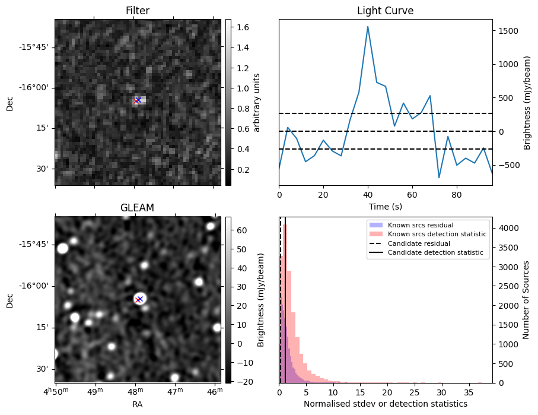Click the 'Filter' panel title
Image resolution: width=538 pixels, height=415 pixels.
point(138,11)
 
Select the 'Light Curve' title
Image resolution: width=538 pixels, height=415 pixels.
point(385,11)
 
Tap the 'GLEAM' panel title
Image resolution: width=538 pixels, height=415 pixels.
point(138,208)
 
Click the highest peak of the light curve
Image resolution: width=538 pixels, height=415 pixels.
point(368,26)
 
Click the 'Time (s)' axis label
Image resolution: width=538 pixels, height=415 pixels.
point(385,205)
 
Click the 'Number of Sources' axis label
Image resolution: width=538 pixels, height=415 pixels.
point(526,300)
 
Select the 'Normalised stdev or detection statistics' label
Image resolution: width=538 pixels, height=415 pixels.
point(385,404)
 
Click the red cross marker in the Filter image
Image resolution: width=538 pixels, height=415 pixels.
point(136,101)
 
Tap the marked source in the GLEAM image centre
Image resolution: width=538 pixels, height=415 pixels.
point(139,299)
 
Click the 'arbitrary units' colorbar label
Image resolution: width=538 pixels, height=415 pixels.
point(257,102)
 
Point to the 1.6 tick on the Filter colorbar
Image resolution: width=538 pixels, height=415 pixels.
point(241,27)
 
